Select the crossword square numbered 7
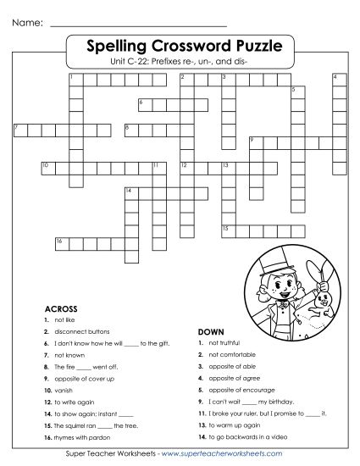[19, 130]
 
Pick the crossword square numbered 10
[46, 166]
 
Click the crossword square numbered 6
[142, 104]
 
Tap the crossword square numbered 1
[74, 80]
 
